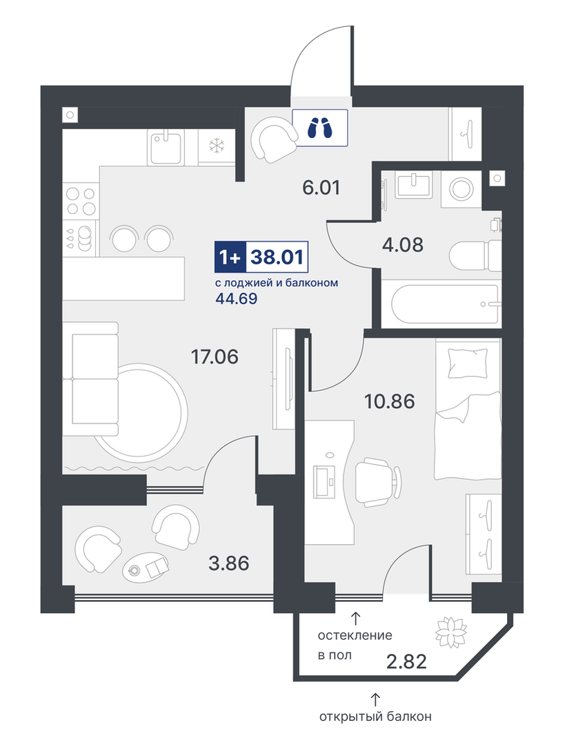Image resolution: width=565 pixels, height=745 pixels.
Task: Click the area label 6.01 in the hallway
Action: click(321, 188)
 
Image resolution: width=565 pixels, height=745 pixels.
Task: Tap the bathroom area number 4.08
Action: click(403, 245)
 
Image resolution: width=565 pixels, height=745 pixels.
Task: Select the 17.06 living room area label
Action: click(215, 356)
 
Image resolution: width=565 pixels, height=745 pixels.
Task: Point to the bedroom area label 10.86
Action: click(389, 401)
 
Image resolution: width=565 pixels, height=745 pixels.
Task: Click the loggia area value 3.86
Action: click(229, 563)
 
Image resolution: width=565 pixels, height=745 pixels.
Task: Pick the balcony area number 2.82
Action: click(406, 661)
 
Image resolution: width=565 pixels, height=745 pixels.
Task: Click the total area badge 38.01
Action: click(278, 257)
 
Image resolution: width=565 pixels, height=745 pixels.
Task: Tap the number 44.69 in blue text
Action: click(236, 299)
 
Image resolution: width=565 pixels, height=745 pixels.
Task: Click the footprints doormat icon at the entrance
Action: click(319, 127)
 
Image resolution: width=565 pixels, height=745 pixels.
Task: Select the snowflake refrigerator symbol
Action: click(217, 146)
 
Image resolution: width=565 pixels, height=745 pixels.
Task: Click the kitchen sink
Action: click(166, 148)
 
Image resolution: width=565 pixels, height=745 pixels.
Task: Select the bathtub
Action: click(441, 303)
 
